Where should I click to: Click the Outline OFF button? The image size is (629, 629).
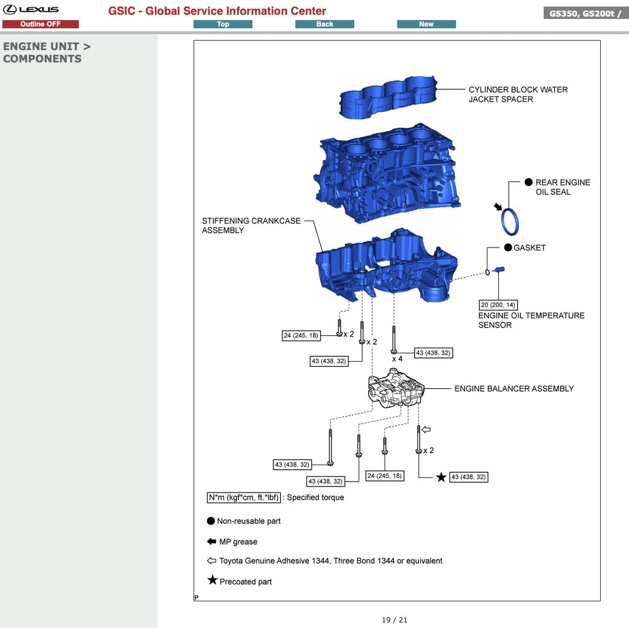(x=41, y=24)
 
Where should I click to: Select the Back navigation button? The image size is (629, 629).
(x=324, y=24)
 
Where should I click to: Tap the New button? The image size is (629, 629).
(x=426, y=24)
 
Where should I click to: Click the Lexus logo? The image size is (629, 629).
(x=31, y=9)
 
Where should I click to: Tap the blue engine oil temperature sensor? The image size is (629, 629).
(x=499, y=270)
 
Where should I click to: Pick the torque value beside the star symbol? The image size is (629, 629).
(x=469, y=477)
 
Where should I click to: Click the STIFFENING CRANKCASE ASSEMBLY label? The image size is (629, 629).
(x=251, y=225)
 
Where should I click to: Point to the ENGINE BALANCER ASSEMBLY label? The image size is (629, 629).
(x=514, y=389)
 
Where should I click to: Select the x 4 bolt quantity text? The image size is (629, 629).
(x=397, y=359)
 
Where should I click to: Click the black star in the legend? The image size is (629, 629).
(x=213, y=580)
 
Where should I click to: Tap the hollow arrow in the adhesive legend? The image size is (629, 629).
(x=212, y=561)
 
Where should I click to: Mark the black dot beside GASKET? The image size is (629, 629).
(x=508, y=248)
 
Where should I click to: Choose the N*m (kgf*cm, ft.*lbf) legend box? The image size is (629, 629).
(x=244, y=498)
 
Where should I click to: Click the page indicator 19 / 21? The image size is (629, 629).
(x=394, y=620)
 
